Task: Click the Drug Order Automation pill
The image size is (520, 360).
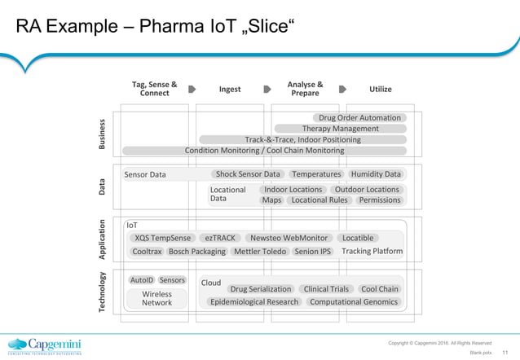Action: tap(359, 118)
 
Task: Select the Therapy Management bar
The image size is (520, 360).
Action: tap(340, 129)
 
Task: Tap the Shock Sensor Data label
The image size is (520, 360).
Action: tap(248, 174)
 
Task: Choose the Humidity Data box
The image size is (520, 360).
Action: tap(376, 174)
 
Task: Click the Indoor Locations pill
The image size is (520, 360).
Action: tap(293, 190)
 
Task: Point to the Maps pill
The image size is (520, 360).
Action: tap(271, 200)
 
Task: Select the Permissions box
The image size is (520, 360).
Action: tap(380, 200)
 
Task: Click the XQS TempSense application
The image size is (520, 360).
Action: tap(163, 238)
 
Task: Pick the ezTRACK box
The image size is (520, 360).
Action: tap(220, 238)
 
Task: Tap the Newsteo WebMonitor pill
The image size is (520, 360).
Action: tap(289, 238)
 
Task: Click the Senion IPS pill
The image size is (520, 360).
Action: tap(313, 252)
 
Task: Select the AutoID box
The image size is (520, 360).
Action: tap(142, 280)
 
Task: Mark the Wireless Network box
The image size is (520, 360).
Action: tap(156, 298)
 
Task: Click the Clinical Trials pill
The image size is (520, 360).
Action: tap(326, 289)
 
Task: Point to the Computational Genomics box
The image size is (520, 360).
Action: tap(355, 302)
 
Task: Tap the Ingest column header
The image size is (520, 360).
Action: tap(230, 89)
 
